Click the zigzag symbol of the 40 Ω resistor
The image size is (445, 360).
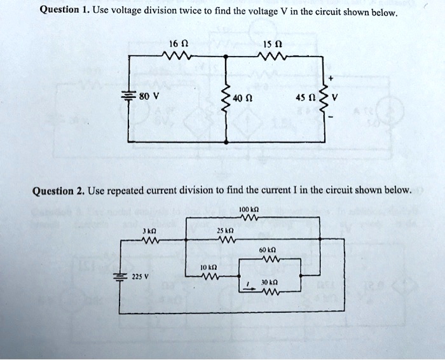(227, 99)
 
